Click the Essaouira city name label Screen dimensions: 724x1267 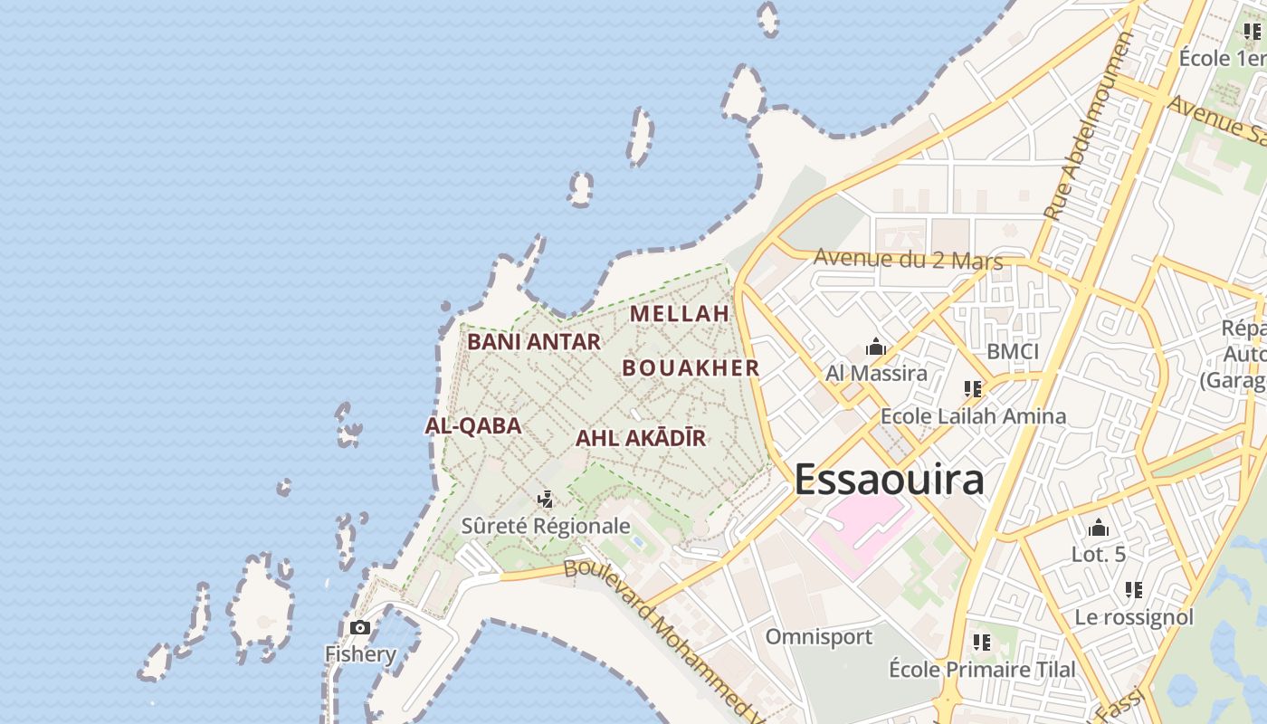[889, 480]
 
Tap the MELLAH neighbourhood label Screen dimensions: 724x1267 [680, 314]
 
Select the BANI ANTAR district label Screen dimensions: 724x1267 [534, 342]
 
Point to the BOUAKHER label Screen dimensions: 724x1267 [691, 367]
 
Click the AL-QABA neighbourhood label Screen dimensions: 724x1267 [473, 425]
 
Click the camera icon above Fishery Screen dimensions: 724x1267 [360, 627]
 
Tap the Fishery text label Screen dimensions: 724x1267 [360, 654]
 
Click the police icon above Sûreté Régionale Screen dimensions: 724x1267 [545, 499]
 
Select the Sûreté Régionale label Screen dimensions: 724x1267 [546, 526]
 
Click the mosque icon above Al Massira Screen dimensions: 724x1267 [875, 347]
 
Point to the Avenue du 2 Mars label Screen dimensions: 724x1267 [908, 259]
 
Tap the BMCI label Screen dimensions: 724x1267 [1013, 351]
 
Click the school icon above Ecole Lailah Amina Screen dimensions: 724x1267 [973, 390]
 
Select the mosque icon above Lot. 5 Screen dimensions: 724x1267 [1099, 528]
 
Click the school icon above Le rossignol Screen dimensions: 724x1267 [1134, 590]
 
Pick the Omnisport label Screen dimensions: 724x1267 [819, 637]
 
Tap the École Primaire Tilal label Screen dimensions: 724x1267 [982, 670]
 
